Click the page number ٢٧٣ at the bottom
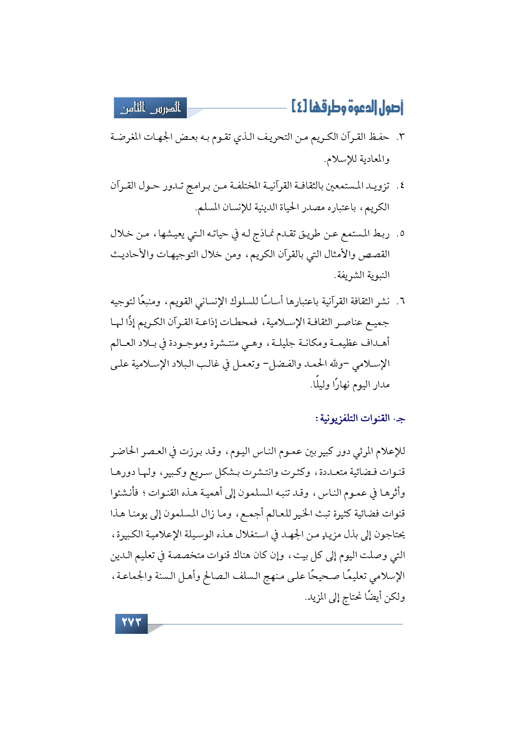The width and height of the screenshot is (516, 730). (x=131, y=623)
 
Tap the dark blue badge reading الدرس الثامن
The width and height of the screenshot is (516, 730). (x=151, y=108)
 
